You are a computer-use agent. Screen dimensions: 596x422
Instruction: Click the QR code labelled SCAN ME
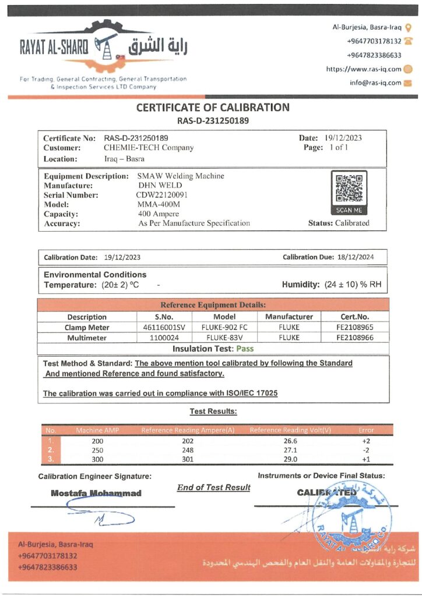[x=349, y=189]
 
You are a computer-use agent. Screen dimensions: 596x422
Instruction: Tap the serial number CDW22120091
[x=162, y=195]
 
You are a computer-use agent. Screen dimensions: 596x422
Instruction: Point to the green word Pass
[x=245, y=349]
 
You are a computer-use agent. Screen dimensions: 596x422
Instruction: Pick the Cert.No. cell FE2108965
[x=355, y=327]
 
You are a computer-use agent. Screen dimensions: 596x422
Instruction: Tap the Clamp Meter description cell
[x=87, y=327]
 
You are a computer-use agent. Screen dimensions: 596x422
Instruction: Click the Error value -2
[x=366, y=450]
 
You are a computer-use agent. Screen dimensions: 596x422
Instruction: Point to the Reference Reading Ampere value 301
[x=187, y=460]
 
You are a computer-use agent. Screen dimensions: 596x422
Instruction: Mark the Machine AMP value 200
[x=97, y=441]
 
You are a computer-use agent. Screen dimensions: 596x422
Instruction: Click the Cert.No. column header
[x=355, y=317]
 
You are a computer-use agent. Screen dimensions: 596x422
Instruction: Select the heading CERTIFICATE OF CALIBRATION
[x=213, y=107]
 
